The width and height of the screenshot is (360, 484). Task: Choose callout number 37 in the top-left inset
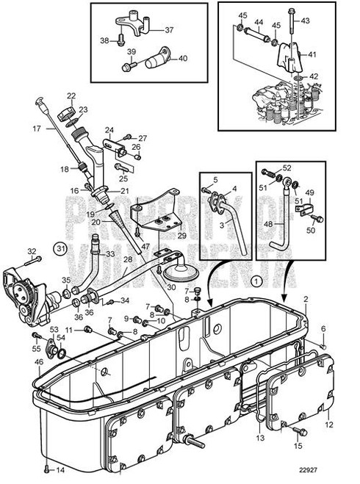169,30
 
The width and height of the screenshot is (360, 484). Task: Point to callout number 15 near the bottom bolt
297,445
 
